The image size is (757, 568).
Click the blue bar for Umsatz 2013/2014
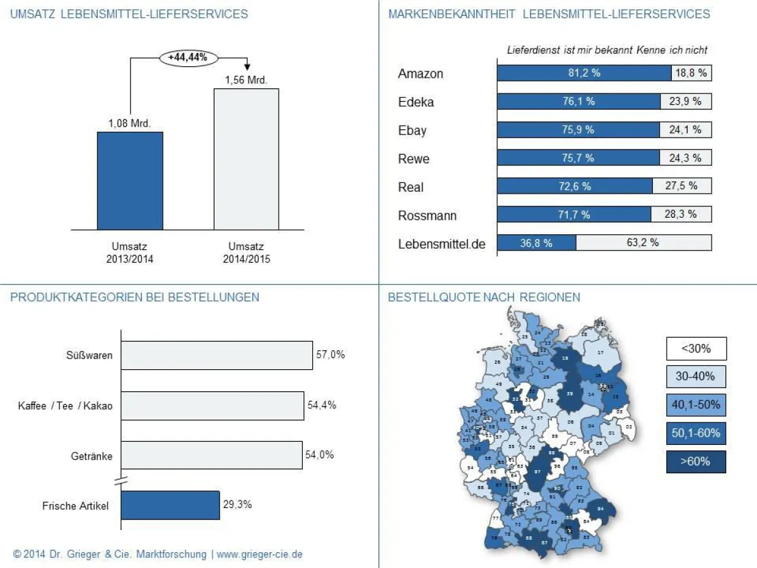click(130, 180)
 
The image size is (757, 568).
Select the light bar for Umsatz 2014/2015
click(246, 159)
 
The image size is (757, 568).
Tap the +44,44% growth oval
click(188, 57)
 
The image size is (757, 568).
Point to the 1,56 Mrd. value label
click(246, 80)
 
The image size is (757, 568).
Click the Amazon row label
click(421, 74)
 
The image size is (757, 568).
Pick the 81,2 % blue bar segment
click(584, 73)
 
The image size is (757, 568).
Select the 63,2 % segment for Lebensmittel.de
click(643, 242)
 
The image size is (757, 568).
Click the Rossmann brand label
click(427, 216)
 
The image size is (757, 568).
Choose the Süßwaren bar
click(216, 355)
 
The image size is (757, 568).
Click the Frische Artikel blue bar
click(170, 506)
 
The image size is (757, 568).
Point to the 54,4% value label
click(322, 405)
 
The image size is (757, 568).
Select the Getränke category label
click(92, 456)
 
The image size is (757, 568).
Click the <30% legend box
click(696, 348)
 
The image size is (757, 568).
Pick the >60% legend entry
click(696, 461)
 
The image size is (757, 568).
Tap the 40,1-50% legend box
click(696, 405)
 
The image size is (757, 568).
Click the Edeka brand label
click(416, 102)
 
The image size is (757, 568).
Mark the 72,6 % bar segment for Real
click(575, 186)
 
